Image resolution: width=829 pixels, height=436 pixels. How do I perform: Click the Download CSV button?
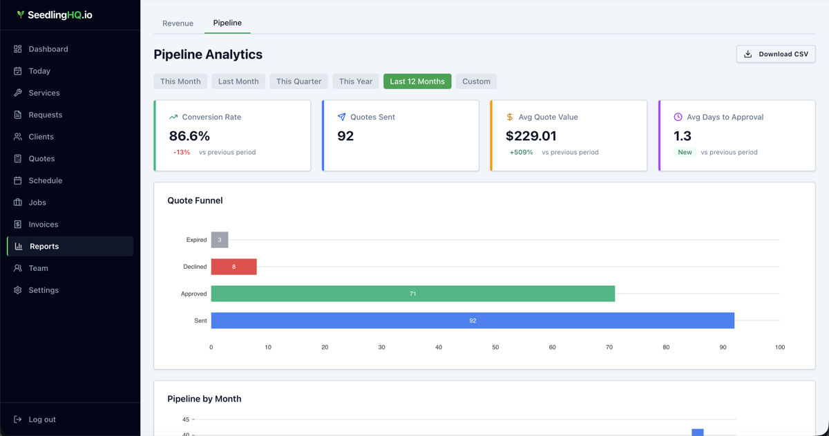click(776, 54)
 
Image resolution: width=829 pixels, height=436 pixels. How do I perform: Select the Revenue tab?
click(178, 23)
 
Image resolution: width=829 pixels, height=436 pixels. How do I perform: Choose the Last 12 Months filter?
click(417, 82)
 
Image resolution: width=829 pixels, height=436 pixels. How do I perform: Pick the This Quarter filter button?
click(298, 82)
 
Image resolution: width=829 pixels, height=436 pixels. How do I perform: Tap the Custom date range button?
click(476, 82)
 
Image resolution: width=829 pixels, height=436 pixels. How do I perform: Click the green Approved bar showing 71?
click(412, 294)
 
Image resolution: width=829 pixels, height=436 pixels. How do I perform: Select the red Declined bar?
click(234, 267)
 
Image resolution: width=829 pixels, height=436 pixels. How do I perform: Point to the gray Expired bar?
click(220, 240)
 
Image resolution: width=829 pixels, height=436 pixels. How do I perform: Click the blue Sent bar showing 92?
click(473, 321)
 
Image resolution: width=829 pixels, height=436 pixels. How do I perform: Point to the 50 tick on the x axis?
click(495, 348)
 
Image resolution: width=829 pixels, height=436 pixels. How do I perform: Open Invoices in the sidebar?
click(43, 225)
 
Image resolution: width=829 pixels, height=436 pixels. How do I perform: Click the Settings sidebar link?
click(43, 290)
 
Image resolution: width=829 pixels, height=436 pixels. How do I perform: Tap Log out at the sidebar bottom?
click(41, 419)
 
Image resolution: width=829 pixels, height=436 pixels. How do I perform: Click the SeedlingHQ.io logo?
click(55, 15)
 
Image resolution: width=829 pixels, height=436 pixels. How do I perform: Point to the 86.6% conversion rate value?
click(189, 136)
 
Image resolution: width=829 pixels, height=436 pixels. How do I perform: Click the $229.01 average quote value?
click(531, 136)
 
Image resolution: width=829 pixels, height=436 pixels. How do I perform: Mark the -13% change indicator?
click(182, 152)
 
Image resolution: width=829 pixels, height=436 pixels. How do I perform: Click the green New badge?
click(685, 152)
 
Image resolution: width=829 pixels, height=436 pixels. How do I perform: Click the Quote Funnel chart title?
click(195, 200)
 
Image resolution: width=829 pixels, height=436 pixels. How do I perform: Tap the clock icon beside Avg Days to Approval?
click(678, 117)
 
